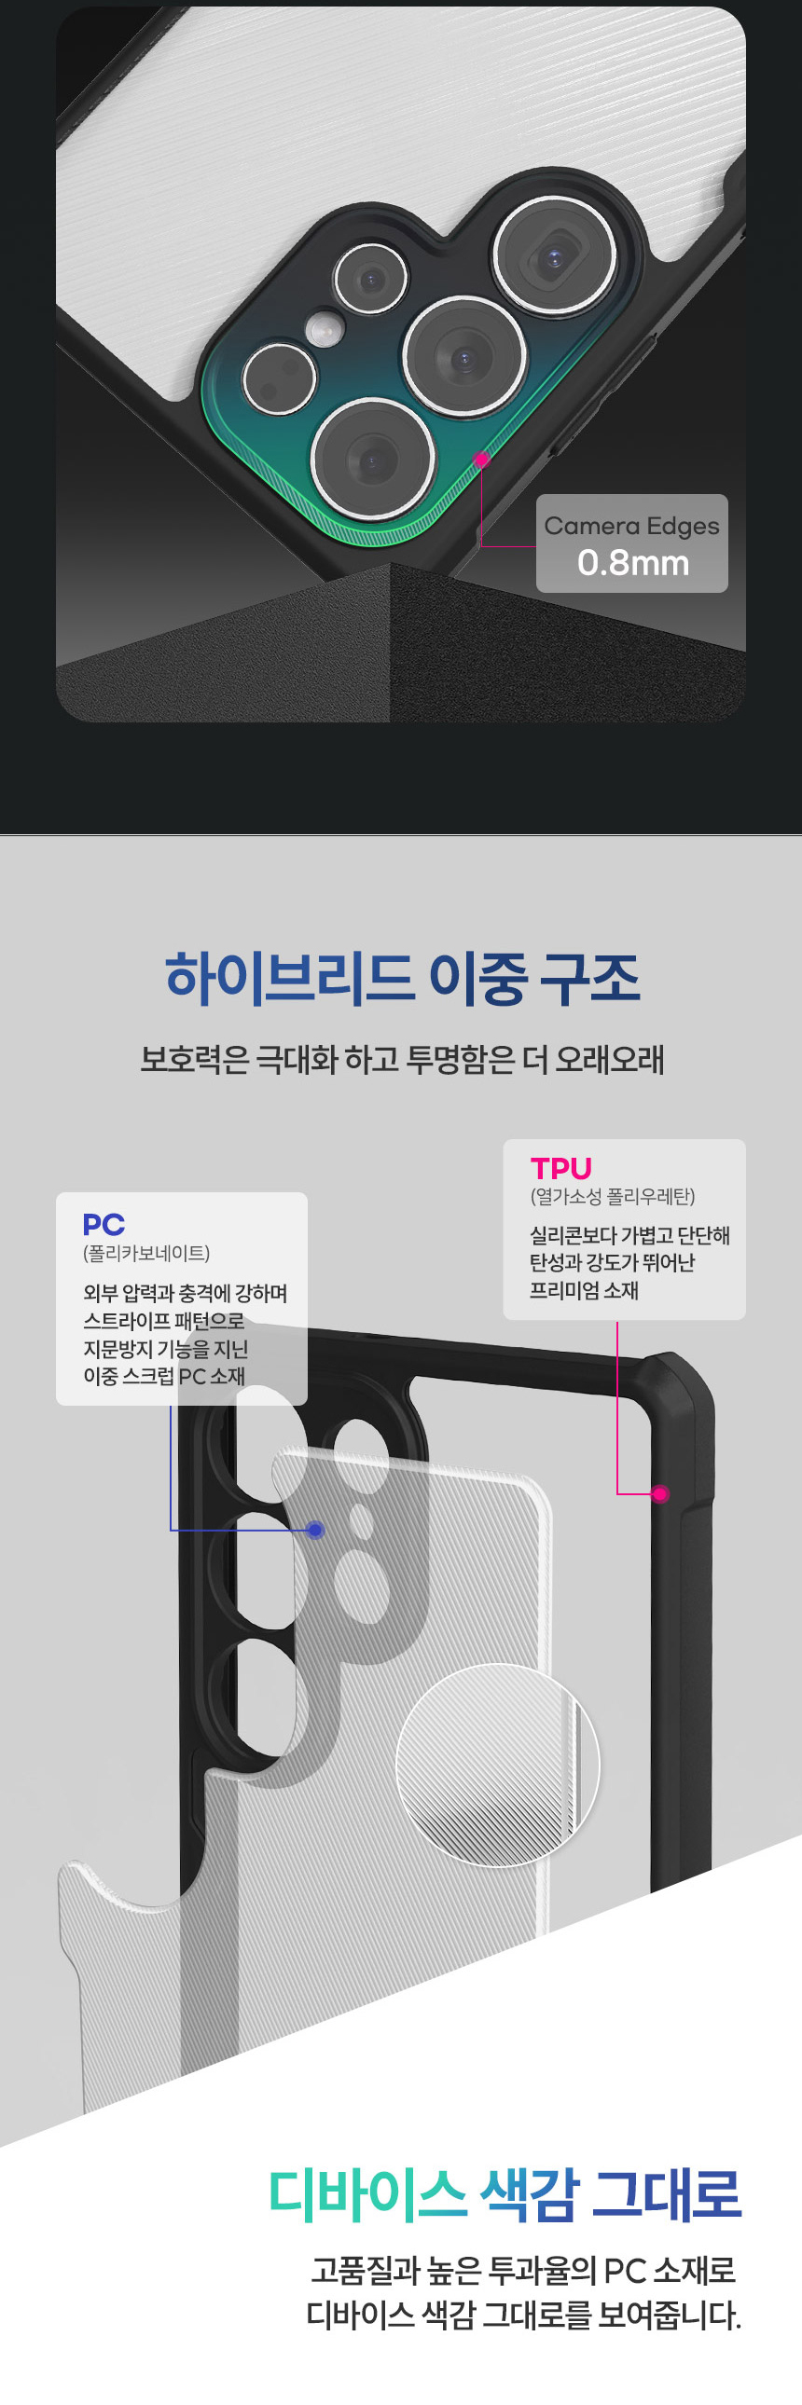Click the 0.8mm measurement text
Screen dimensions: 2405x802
click(633, 563)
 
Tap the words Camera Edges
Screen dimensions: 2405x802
click(632, 527)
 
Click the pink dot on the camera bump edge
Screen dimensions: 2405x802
click(481, 460)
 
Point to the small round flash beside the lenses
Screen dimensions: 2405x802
click(324, 328)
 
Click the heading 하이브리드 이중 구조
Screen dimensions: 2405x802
click(403, 979)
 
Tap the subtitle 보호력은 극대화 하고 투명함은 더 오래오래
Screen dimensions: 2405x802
click(403, 1060)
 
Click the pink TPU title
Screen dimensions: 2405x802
click(561, 1169)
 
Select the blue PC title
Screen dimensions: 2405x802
click(104, 1224)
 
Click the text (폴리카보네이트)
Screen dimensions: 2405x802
click(146, 1253)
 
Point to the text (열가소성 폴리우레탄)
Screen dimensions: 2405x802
click(613, 1197)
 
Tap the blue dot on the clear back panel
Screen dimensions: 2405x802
click(315, 1530)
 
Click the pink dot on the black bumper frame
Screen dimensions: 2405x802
click(660, 1493)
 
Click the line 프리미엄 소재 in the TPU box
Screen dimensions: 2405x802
click(584, 1290)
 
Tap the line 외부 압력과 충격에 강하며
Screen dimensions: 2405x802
click(185, 1293)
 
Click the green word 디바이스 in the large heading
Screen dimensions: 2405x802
click(366, 2194)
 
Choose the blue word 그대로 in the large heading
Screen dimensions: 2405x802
click(667, 2194)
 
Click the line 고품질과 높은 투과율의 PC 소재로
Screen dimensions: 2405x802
click(523, 2270)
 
